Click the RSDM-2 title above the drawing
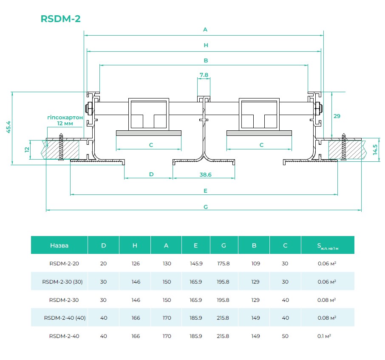pyautogui.click(x=60, y=19)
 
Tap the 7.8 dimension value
pyautogui.click(x=204, y=75)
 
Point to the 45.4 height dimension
pyautogui.click(x=8, y=127)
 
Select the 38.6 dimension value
pyautogui.click(x=206, y=174)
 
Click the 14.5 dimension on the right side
pyautogui.click(x=375, y=150)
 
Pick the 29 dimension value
pyautogui.click(x=337, y=116)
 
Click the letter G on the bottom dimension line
pyautogui.click(x=206, y=207)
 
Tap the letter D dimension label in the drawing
pyautogui.click(x=151, y=174)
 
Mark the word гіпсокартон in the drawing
pyautogui.click(x=65, y=117)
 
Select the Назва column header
pyautogui.click(x=59, y=245)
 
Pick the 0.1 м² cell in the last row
pyautogui.click(x=324, y=336)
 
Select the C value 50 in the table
pyautogui.click(x=285, y=336)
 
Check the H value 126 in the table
pyautogui.click(x=136, y=264)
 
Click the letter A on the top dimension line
pyautogui.click(x=205, y=30)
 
